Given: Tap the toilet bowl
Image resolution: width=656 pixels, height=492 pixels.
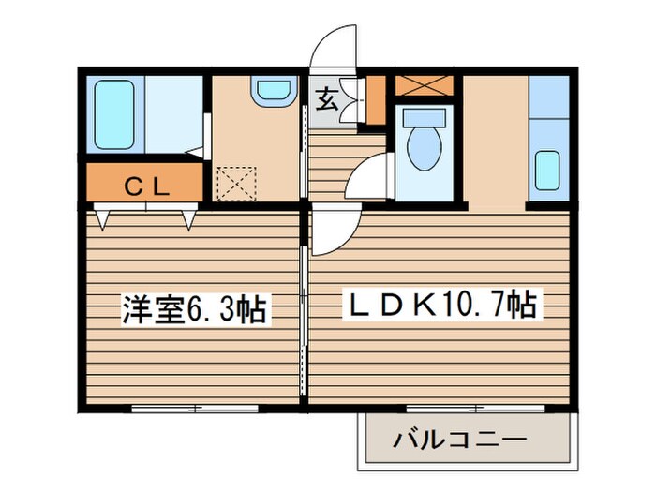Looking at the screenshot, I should tap(424, 147).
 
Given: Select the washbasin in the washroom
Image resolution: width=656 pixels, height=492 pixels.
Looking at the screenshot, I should tap(274, 90).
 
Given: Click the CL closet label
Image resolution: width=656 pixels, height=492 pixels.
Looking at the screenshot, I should tap(146, 186).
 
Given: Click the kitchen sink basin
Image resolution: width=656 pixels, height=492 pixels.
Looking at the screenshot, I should tap(548, 170).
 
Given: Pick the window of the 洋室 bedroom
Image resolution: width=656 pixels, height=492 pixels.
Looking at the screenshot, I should tap(195, 408).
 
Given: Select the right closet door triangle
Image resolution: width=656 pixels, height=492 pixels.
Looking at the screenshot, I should tap(189, 220).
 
